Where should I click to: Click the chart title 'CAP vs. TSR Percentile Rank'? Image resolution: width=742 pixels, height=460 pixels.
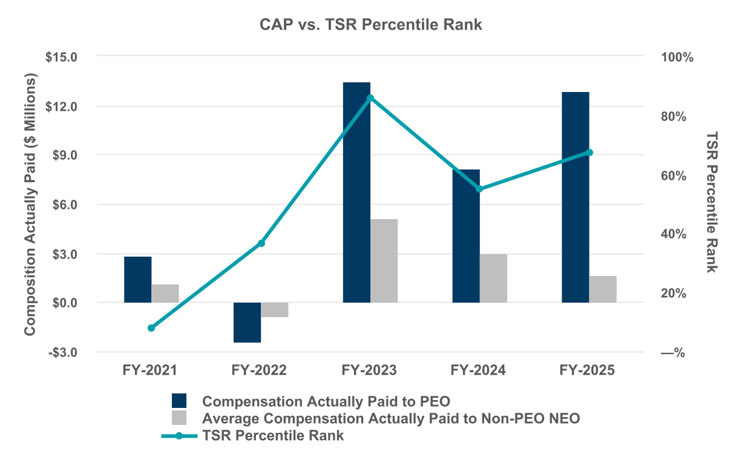370,25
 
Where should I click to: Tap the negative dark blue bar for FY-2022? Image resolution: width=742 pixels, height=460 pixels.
247,323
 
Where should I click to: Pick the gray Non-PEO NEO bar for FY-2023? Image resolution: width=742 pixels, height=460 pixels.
384,261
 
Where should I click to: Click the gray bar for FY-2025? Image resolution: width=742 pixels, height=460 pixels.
603,289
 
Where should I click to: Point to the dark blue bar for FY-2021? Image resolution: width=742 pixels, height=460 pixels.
137,280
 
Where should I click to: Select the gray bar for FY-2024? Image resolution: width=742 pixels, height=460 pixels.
493,278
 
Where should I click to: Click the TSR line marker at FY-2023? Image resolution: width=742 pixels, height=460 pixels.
370,98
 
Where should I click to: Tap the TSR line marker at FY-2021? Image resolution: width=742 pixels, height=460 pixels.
151,328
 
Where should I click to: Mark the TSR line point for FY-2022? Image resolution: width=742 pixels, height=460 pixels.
261,243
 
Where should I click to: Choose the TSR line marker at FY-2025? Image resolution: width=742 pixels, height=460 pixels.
589,153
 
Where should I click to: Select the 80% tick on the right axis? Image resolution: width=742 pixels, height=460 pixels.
672,116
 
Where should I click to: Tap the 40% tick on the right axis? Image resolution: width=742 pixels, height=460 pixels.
672,234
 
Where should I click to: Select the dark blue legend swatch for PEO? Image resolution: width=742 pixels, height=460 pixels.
180,401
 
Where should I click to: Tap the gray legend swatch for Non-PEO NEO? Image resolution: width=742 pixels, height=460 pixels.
180,418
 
